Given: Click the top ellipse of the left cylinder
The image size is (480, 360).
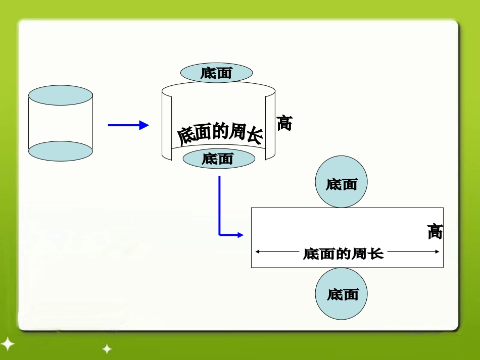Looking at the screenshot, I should pos(61,95).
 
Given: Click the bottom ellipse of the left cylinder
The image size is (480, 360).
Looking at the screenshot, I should pos(61,151).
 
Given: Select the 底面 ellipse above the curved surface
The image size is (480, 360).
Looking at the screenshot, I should pos(217,73).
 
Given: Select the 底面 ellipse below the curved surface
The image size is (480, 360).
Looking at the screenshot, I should pos(218,159).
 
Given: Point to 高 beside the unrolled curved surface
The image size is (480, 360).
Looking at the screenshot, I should pos(284,123).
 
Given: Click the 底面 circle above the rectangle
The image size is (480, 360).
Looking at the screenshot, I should pos(342,182).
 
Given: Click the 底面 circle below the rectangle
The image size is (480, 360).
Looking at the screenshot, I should pos(342,294).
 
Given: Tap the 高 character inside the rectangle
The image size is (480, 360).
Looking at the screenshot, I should pos(435,232).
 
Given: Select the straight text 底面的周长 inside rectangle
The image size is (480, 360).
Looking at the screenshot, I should pos(344,253).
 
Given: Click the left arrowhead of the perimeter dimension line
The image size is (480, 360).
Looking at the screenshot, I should pos(258,251).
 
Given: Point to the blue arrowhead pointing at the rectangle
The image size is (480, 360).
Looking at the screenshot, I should pos(239,235).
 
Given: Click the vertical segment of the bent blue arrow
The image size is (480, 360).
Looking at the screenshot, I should pos(219,204).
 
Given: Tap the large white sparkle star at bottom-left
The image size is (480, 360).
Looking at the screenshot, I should pos(7,344).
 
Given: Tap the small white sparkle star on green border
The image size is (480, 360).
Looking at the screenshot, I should pos(107,348).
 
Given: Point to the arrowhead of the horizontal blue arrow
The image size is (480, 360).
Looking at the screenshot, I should pos(144,125).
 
